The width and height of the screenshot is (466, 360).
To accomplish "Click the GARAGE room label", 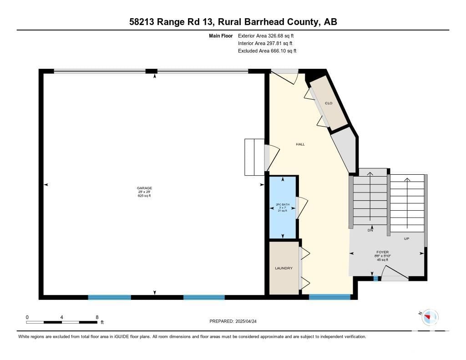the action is (144, 188).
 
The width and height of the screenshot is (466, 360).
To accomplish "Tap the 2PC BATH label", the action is (282, 204).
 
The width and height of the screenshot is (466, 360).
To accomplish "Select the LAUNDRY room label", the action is (284, 268).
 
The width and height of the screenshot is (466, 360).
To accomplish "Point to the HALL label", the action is (300, 144).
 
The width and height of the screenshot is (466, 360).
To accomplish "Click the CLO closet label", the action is (329, 103).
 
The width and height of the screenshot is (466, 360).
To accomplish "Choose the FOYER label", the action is (382, 252).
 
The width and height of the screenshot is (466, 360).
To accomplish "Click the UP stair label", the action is (406, 238).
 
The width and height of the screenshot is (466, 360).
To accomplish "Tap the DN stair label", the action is (370, 230).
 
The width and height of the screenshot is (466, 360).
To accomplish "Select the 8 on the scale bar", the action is (97, 317).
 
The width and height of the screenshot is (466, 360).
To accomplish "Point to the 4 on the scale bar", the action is (61, 317).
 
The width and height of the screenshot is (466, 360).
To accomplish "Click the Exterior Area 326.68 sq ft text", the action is (266, 35).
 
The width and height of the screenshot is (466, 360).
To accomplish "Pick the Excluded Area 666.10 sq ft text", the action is (267, 51).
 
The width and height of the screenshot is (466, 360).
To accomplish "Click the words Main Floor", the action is (221, 35).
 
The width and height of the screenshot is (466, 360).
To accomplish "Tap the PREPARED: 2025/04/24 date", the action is (233, 321).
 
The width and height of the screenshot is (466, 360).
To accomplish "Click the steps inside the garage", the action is (254, 157).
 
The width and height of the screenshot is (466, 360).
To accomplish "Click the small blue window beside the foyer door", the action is (375, 279).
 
